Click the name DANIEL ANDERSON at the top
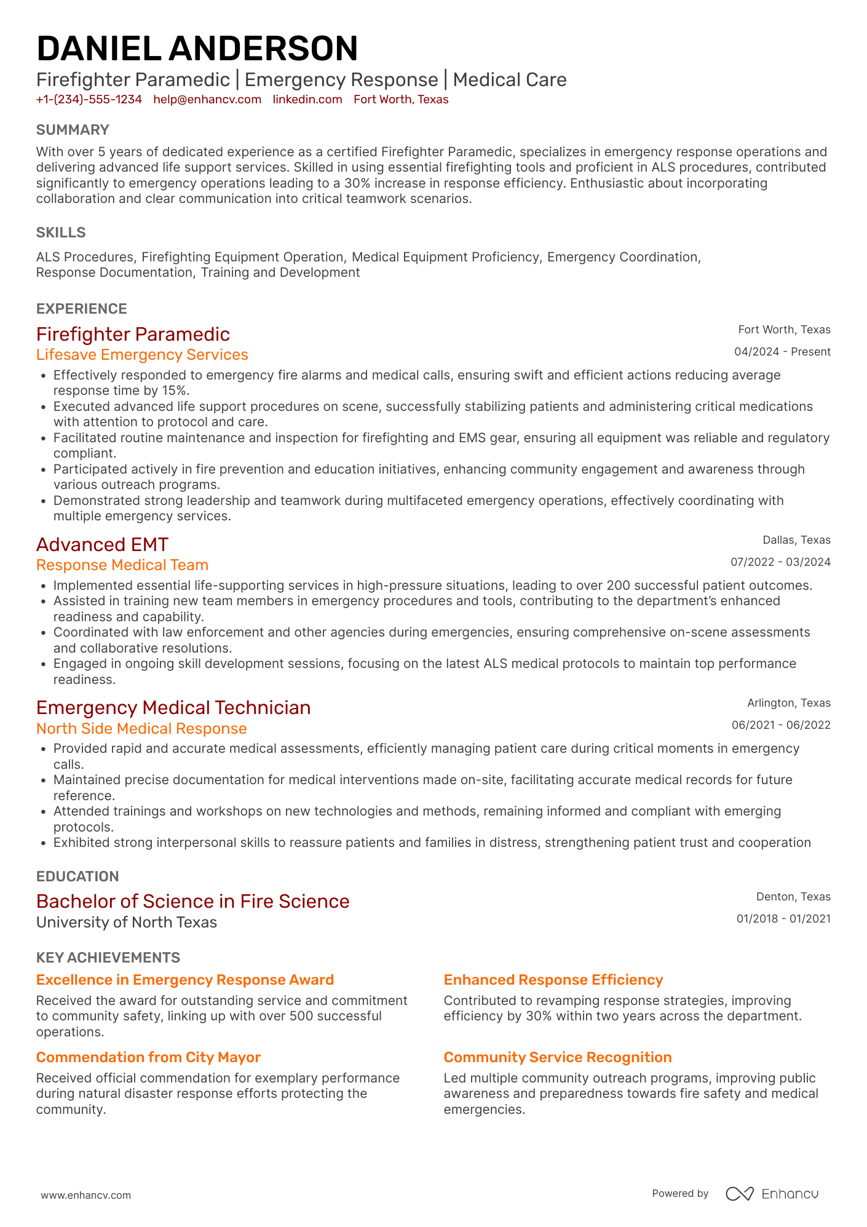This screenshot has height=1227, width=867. tap(197, 49)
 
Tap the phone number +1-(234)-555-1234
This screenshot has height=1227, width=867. tap(89, 100)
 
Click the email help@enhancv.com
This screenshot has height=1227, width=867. tap(207, 100)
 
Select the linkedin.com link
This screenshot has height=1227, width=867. tap(307, 100)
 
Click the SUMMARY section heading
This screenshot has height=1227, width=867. tap(73, 130)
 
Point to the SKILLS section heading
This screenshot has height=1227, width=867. tap(61, 232)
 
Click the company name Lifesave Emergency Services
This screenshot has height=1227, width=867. tap(142, 355)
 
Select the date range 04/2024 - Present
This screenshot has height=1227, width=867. tap(782, 352)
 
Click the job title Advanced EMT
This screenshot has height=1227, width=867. tap(102, 545)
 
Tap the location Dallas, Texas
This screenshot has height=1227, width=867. tap(796, 540)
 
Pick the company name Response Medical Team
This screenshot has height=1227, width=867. tap(122, 565)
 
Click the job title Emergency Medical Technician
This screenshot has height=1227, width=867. tap(173, 708)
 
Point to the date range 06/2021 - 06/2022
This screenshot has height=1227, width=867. tap(781, 725)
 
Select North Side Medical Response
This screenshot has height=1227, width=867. tap(141, 729)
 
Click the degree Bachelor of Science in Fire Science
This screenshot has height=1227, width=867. tap(192, 902)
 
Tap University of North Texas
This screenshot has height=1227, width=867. tap(127, 923)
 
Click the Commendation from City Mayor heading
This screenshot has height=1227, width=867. tap(148, 1057)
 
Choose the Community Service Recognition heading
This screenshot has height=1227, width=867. tap(558, 1057)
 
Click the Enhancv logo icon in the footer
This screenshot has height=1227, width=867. tap(739, 1194)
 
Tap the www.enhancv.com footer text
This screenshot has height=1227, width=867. tap(86, 1196)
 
